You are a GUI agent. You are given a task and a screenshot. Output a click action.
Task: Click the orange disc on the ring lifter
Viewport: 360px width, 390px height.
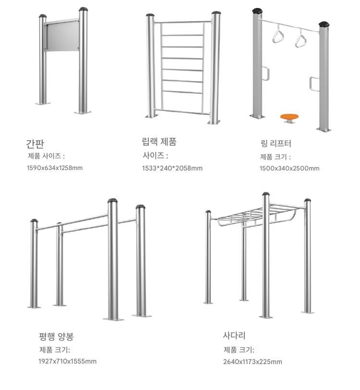click(x=289, y=116)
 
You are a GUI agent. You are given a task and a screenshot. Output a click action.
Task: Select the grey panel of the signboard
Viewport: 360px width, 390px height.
click(x=62, y=36)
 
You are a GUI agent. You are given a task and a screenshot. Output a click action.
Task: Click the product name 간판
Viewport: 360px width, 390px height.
click(x=35, y=144)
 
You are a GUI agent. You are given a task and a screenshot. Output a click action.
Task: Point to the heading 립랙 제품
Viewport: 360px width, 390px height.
click(x=159, y=142)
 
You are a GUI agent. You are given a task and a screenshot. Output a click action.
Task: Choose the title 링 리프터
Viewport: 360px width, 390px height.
click(x=276, y=143)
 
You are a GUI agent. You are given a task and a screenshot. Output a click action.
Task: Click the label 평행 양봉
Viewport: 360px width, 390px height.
click(x=57, y=337)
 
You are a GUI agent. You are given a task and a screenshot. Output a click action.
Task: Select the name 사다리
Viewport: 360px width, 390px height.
click(x=234, y=335)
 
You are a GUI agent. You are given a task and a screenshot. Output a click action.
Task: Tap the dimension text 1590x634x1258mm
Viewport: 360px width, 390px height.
click(x=55, y=168)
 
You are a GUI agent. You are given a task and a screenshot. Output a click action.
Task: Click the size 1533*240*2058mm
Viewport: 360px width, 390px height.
click(x=172, y=169)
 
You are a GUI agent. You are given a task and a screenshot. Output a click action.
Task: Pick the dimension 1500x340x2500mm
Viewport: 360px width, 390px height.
click(x=289, y=169)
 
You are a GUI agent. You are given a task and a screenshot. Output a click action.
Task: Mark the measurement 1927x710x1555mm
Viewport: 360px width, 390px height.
click(x=67, y=361)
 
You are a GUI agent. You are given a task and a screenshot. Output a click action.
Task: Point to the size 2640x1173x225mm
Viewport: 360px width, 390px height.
click(x=252, y=362)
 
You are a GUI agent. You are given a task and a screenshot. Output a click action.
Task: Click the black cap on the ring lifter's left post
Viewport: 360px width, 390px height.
click(x=257, y=11)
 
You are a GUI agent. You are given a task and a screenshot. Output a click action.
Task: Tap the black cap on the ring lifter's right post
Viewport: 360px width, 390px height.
click(x=324, y=24)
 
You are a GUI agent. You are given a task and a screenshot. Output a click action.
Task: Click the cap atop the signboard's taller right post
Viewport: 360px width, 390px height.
click(x=84, y=9)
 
